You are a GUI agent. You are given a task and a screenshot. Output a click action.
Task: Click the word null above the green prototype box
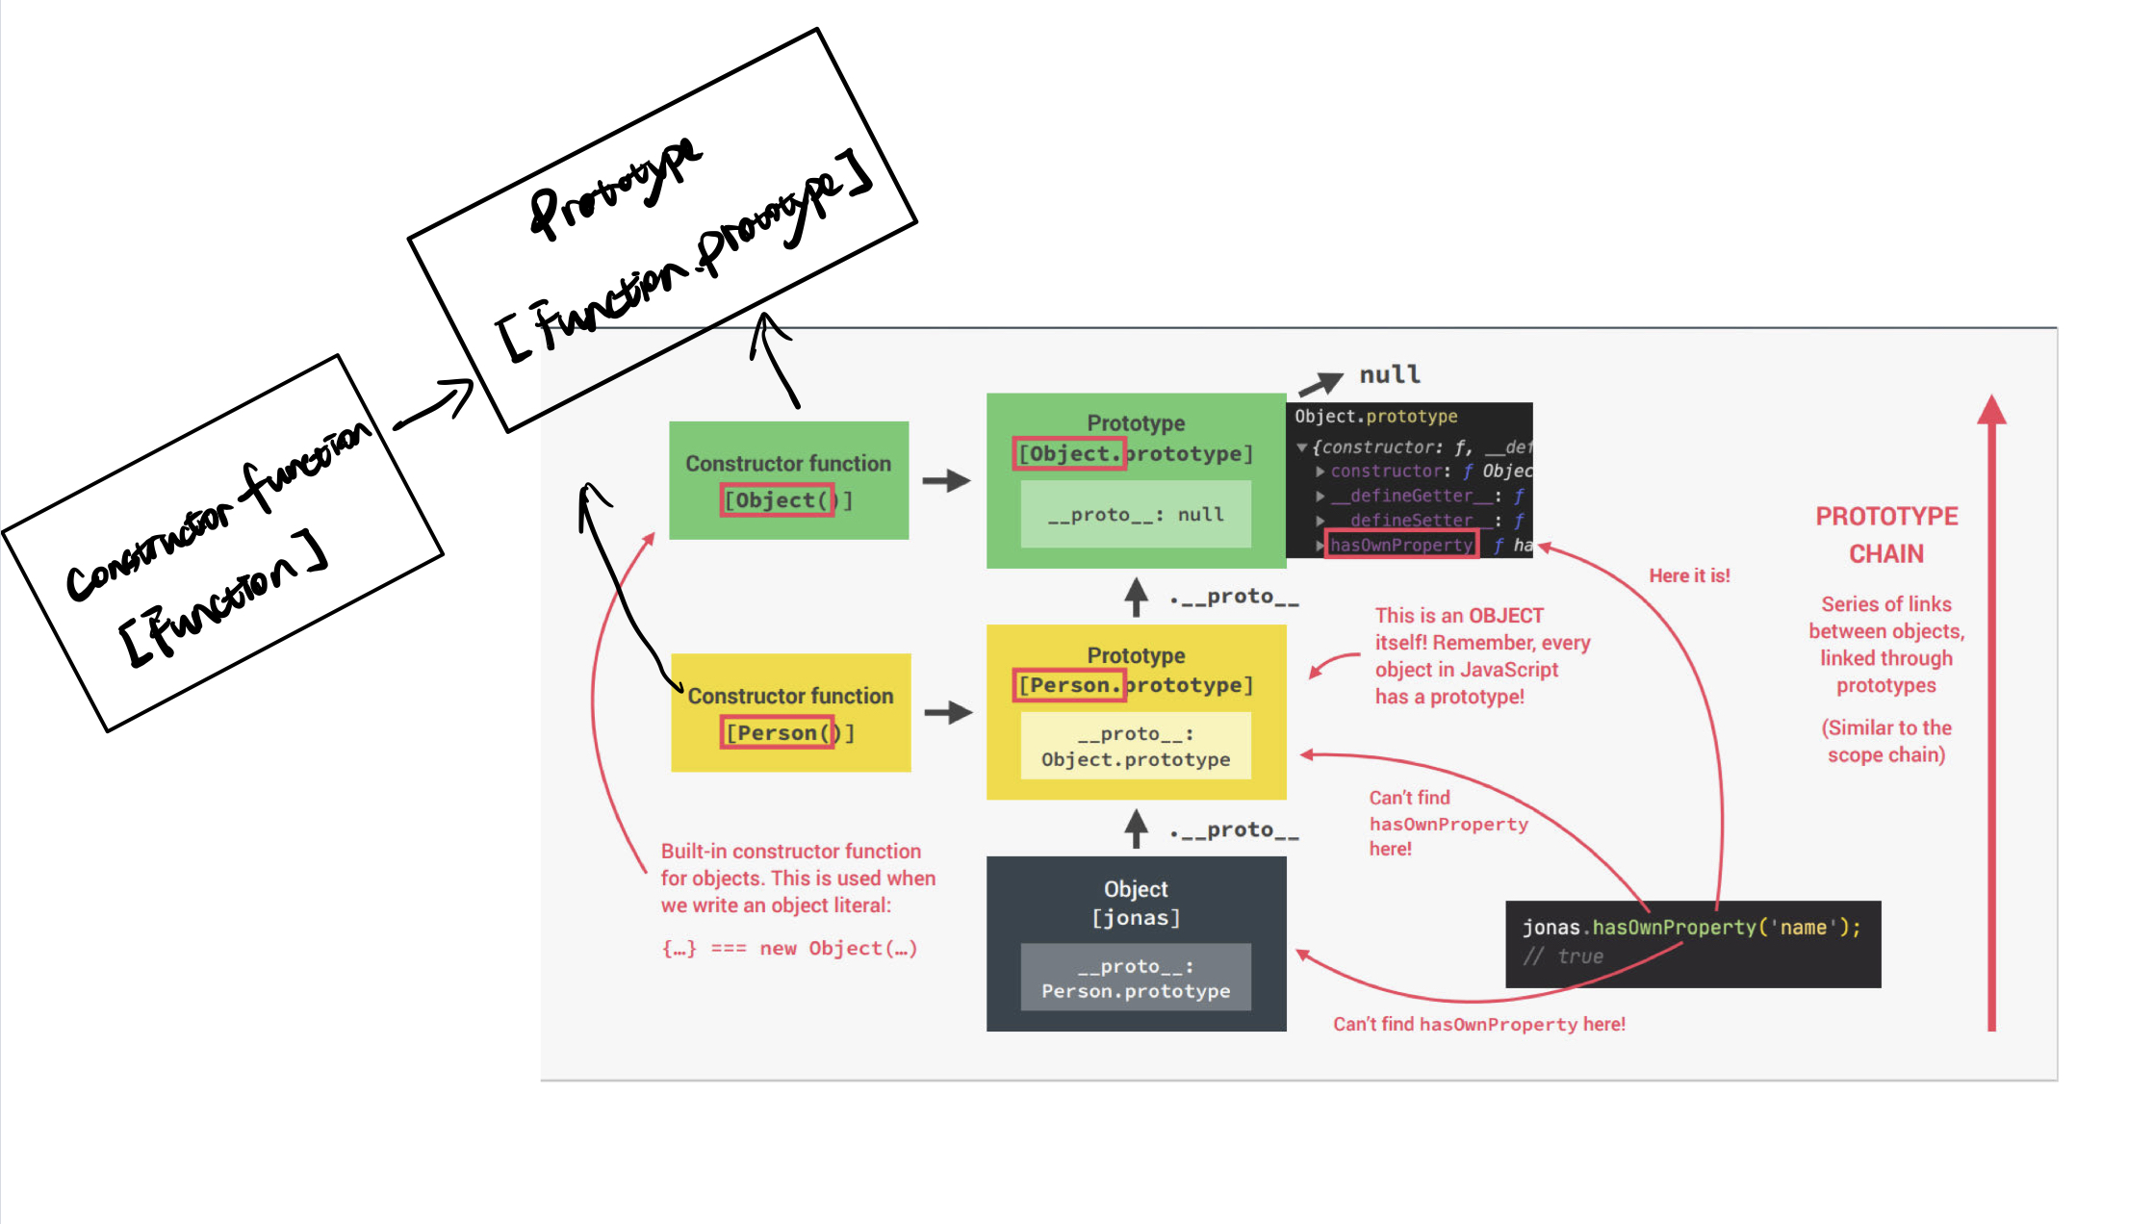coord(1389,374)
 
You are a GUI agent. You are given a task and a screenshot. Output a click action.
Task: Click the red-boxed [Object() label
coord(778,500)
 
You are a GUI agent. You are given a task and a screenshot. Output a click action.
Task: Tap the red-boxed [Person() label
coord(778,733)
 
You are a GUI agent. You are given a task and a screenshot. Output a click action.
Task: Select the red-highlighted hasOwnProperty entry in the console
coord(1401,545)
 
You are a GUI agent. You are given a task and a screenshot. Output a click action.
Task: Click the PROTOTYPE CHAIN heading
coord(1886,535)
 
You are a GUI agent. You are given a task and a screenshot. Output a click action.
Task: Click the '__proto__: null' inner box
coord(1136,515)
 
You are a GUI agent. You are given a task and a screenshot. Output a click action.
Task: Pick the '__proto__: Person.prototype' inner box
coord(1136,978)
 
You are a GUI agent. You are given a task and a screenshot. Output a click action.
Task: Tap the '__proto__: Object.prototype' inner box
coord(1136,746)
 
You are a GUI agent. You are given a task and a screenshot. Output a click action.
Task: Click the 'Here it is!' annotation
coord(1689,575)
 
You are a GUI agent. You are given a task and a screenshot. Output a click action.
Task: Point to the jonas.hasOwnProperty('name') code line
coord(1691,927)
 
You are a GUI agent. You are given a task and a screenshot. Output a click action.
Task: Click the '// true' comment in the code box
coord(1564,956)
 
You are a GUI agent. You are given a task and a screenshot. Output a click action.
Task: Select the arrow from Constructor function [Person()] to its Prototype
coord(948,713)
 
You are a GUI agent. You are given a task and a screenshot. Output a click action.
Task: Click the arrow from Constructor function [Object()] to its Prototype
coord(946,480)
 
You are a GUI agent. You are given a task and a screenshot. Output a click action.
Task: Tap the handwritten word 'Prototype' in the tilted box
coord(616,188)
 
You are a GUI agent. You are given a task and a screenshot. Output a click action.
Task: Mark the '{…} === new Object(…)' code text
coord(789,949)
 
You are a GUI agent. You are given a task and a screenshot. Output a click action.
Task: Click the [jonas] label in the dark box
coord(1136,918)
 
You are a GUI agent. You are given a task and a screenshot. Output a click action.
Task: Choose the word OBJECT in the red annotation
coord(1506,616)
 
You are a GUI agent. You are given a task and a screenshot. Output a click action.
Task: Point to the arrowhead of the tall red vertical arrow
coord(1991,409)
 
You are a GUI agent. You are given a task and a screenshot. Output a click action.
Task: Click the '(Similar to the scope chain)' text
coord(1886,741)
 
